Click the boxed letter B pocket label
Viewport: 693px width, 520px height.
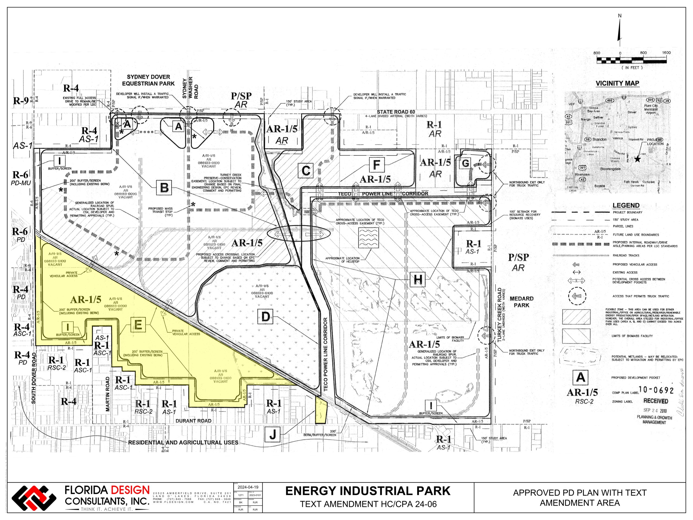pos(164,188)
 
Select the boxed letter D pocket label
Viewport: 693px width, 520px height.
pos(265,317)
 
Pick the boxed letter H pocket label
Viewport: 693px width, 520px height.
pos(418,279)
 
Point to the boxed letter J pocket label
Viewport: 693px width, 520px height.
pos(273,435)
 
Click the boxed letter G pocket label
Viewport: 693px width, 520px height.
pos(466,163)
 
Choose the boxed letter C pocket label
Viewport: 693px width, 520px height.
pos(306,171)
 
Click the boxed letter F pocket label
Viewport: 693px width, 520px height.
pos(377,165)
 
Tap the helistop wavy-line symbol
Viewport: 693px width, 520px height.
pos(368,238)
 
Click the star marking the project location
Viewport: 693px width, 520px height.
pos(637,159)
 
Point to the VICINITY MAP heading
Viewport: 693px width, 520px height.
pos(617,83)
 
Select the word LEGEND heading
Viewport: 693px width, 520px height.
pos(626,205)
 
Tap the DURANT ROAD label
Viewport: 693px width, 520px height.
pos(193,421)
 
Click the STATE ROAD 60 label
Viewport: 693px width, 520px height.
pos(396,112)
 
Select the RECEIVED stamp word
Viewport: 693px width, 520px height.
pos(655,401)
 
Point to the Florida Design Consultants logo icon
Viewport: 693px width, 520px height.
pos(34,498)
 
